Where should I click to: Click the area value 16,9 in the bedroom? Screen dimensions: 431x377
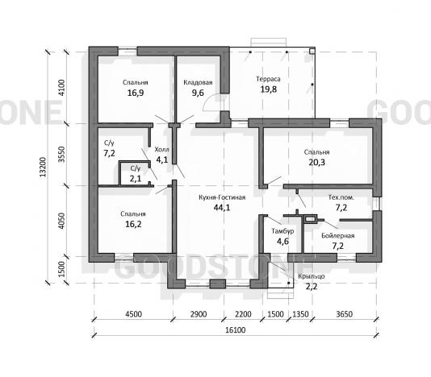136,93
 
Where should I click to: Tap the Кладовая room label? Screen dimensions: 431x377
198,83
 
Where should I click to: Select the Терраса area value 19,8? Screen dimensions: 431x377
268,89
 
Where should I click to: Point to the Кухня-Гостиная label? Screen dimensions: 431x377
222,197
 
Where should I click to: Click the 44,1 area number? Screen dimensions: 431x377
222,208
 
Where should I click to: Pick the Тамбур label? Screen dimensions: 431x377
282,231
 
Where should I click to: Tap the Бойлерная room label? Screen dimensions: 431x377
338,236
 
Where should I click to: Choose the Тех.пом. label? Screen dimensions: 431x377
341,197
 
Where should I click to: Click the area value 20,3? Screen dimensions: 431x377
316,163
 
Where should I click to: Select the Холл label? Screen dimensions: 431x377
161,150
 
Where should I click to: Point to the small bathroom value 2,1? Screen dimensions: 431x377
136,179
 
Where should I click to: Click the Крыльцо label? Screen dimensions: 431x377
312,276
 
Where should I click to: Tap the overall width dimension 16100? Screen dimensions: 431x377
236,330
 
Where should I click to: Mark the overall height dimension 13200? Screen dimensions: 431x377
43,167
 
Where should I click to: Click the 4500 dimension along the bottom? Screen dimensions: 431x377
134,314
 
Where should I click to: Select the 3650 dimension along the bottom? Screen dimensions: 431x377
344,314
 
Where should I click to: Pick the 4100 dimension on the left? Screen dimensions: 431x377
62,88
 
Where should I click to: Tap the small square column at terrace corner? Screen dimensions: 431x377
312,51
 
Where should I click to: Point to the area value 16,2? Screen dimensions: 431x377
133,224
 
